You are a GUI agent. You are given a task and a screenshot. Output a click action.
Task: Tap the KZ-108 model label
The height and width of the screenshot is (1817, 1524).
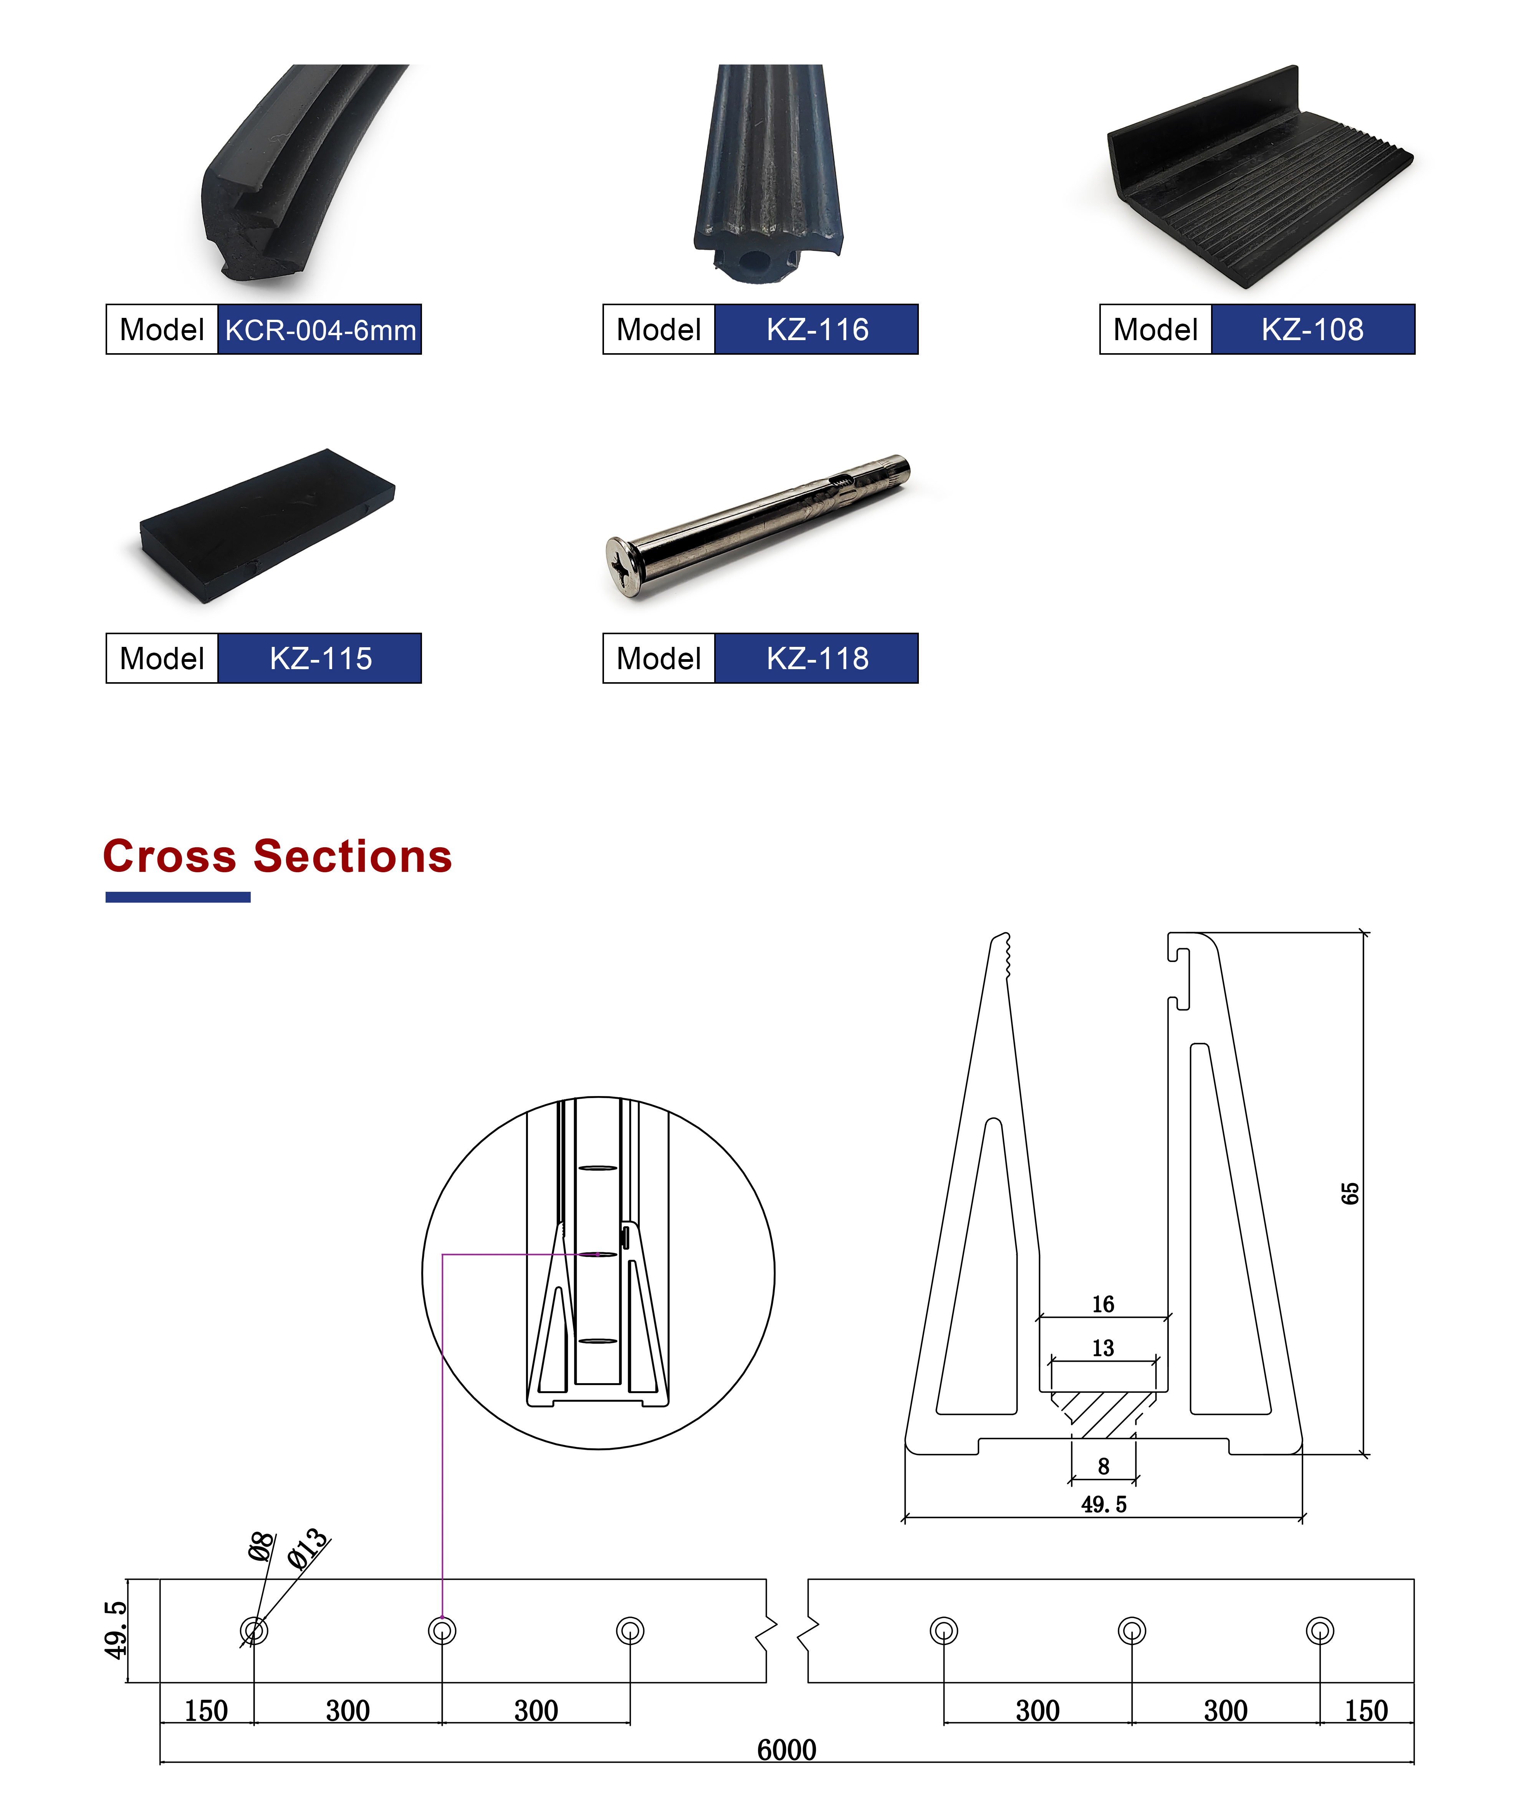coord(1313,330)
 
